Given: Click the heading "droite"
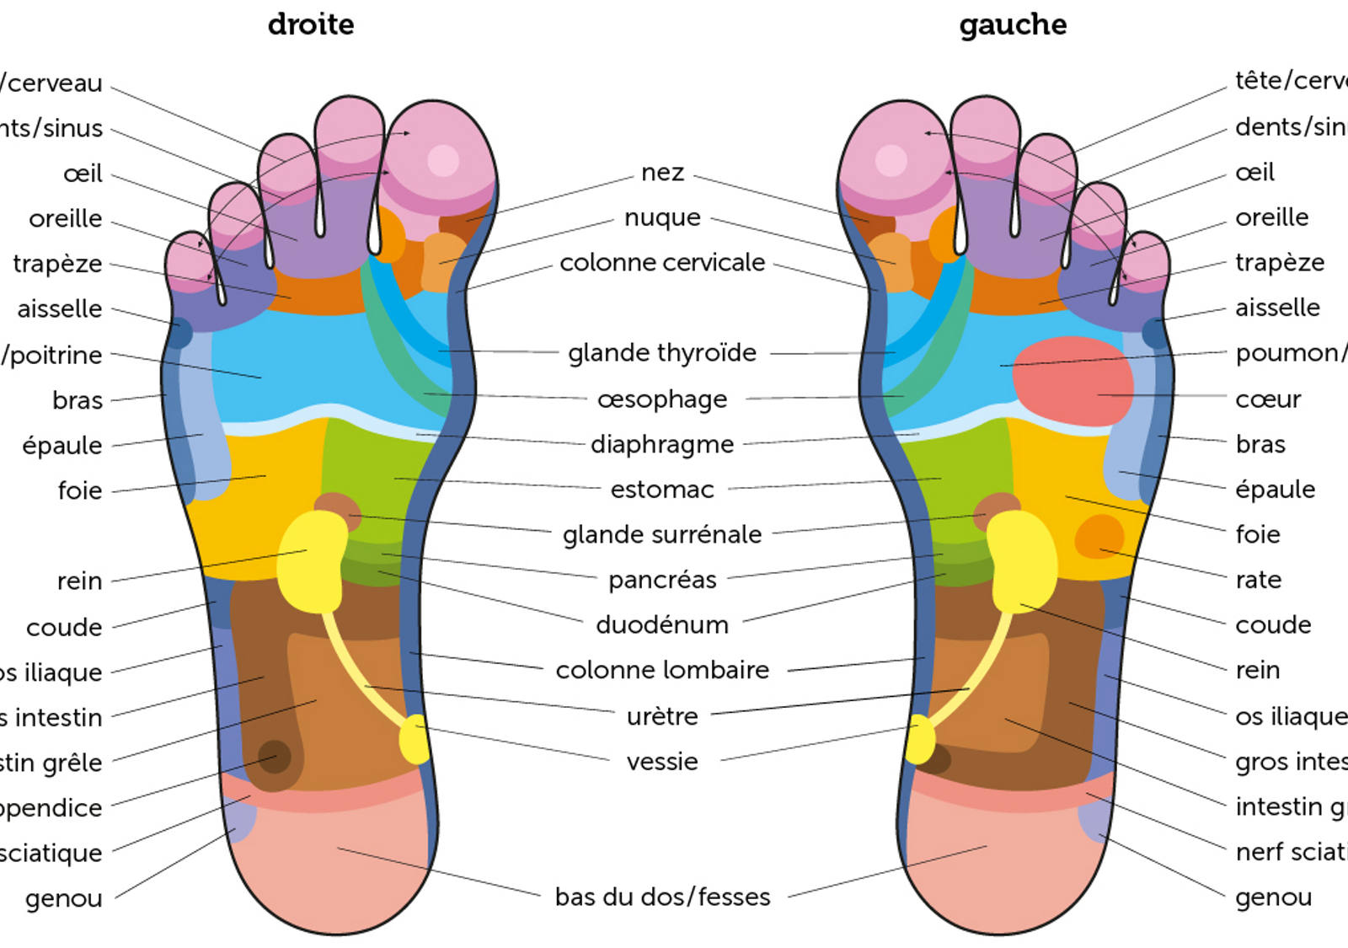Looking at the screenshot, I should tap(311, 24).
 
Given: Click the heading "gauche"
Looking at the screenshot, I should tap(1013, 24).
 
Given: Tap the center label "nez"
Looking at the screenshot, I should tap(662, 173).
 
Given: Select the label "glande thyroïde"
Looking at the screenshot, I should tap(662, 352).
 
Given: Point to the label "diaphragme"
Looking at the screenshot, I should tap(662, 444).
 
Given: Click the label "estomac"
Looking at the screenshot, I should tap(662, 490).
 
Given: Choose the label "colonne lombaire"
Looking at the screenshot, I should tap(662, 670).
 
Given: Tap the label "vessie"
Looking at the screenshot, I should tap(662, 762).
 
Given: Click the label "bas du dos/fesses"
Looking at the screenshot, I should tap(662, 897).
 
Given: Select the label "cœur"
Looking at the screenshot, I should tap(1268, 399).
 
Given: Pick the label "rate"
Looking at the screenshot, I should tap(1258, 580).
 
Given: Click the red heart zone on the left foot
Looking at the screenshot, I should tap(1072, 380).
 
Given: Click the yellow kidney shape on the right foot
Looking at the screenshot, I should tap(312, 560).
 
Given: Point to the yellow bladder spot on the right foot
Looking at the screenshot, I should tap(414, 739).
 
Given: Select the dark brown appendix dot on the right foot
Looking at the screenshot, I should tap(274, 756).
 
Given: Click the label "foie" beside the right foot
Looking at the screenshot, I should tap(80, 490).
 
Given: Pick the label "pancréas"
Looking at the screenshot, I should tap(662, 580).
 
